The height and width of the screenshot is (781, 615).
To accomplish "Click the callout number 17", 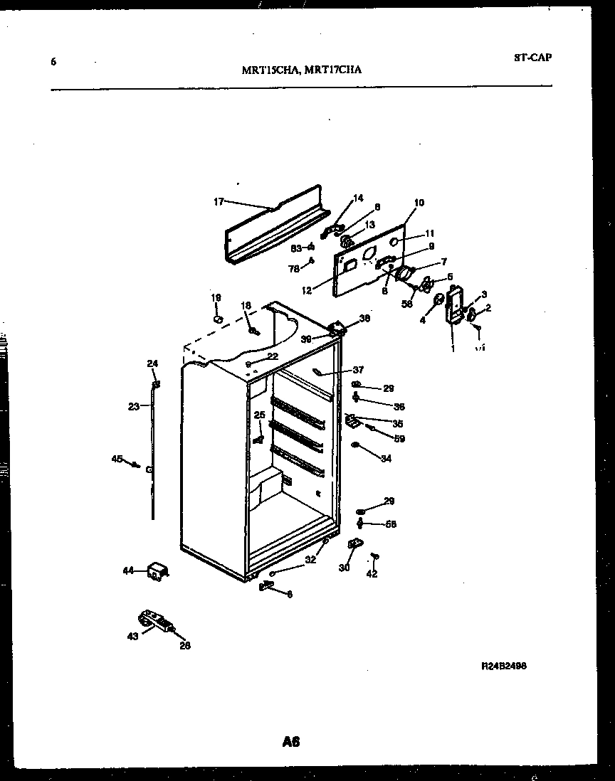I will click(x=219, y=201).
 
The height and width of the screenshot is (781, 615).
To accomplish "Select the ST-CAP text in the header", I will click(x=532, y=58).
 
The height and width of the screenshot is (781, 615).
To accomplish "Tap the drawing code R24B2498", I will click(x=504, y=666).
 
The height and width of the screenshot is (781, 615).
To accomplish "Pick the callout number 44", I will click(x=128, y=570).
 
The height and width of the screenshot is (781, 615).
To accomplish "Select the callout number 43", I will click(x=132, y=636).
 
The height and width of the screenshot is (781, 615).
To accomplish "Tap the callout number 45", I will click(x=117, y=459).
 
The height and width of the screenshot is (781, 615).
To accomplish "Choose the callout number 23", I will click(x=133, y=406).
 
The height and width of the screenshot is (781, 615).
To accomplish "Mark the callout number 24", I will click(x=152, y=363).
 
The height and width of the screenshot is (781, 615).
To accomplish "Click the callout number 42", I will click(x=372, y=574).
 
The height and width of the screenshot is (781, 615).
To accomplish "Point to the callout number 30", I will click(x=345, y=568).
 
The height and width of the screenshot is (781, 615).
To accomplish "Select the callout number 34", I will click(x=386, y=459).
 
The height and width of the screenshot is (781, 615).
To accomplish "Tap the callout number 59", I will click(x=399, y=439).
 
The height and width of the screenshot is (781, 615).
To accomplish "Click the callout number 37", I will click(x=358, y=370).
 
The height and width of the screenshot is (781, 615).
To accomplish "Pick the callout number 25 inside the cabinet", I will click(x=259, y=415).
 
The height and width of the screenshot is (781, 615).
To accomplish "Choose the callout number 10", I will click(x=419, y=203).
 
